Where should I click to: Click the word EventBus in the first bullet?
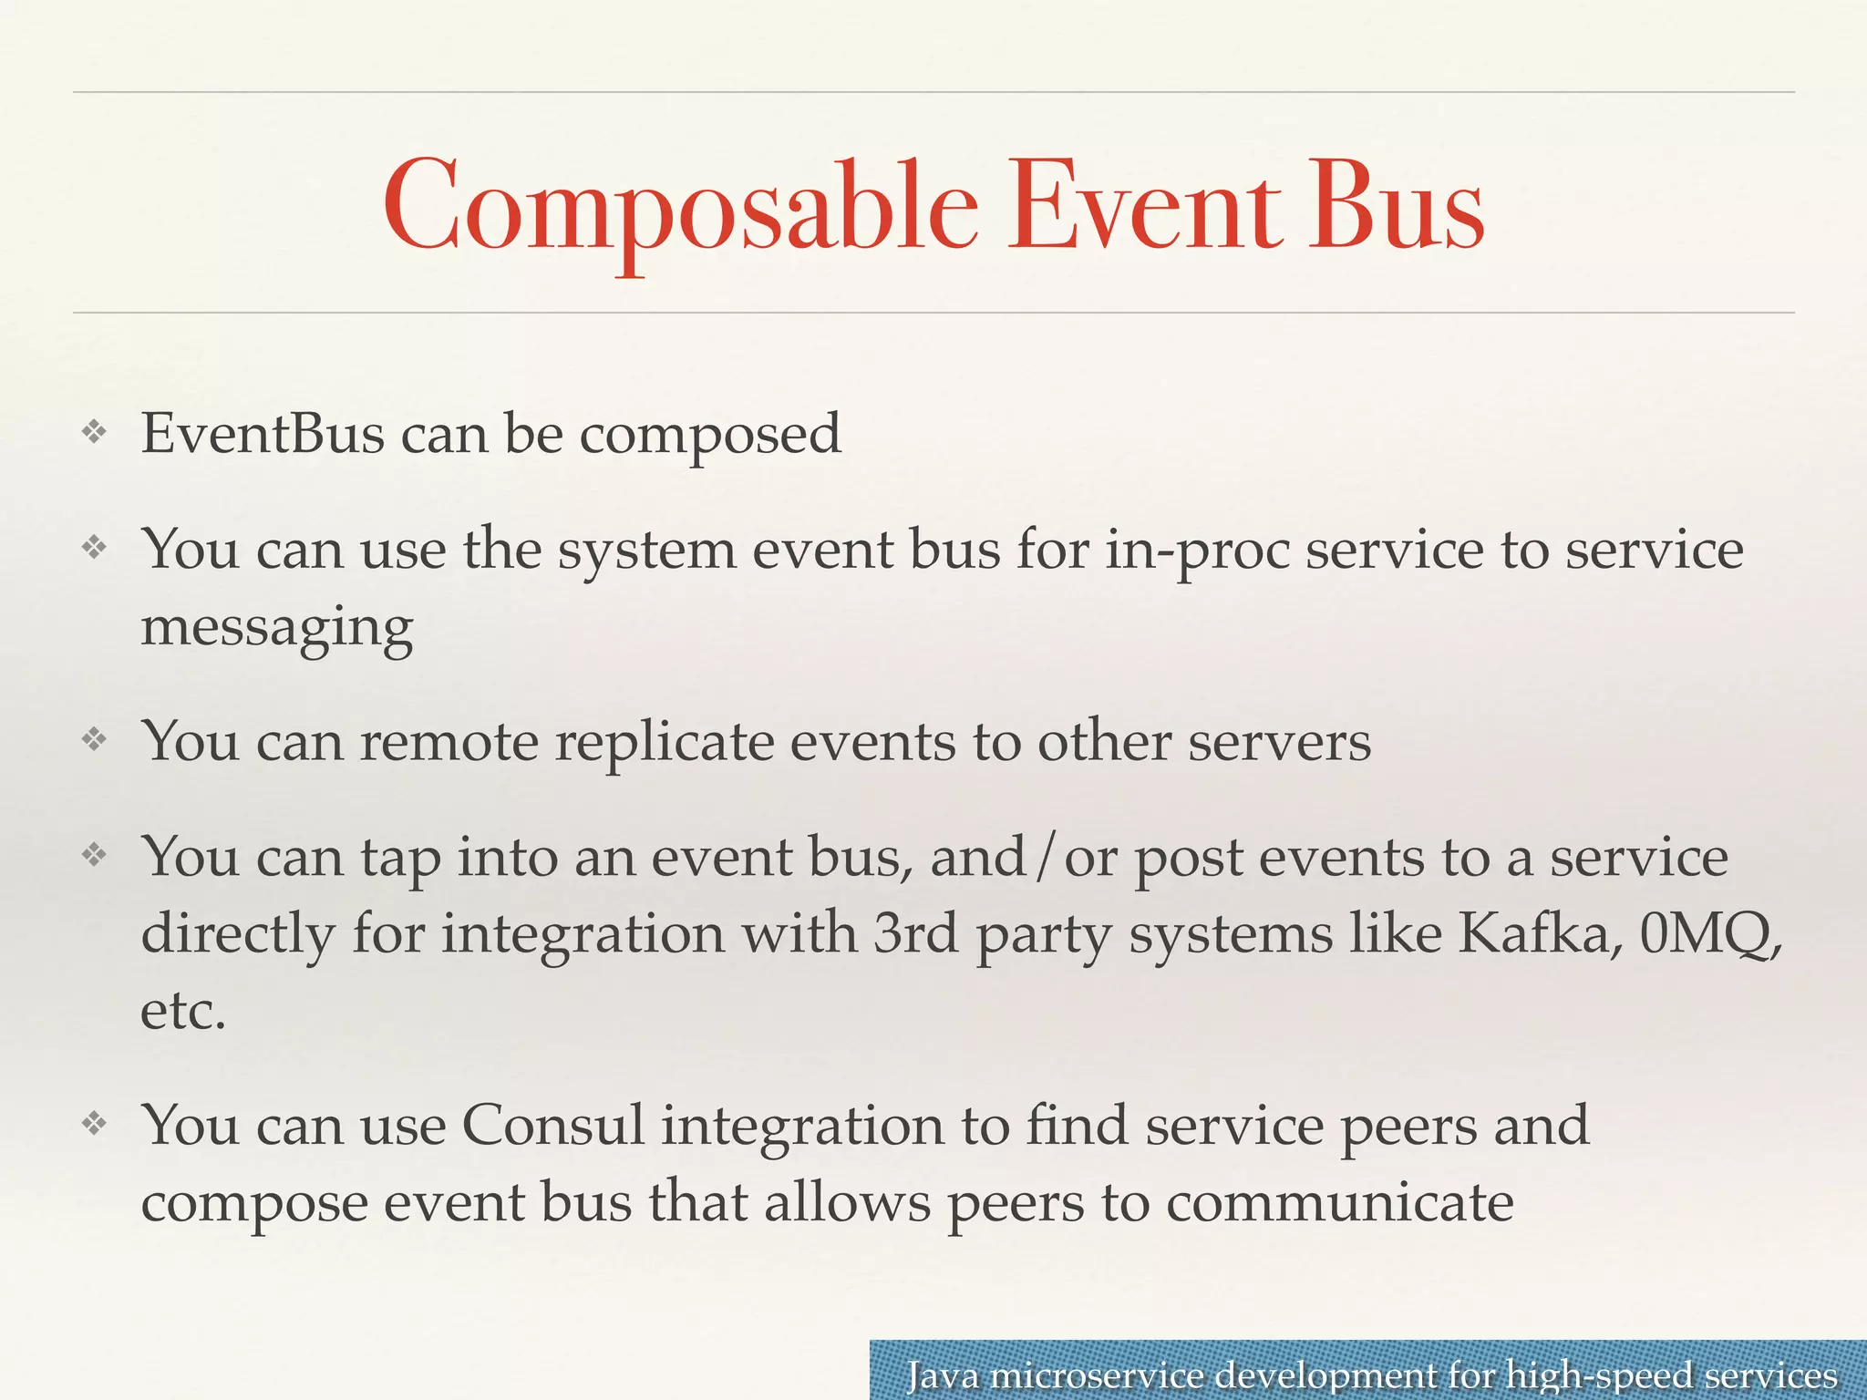click(263, 433)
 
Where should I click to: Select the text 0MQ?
click(1708, 933)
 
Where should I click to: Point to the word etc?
click(182, 1011)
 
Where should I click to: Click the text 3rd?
click(915, 933)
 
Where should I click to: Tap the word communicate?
click(1339, 1202)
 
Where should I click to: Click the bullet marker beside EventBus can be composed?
click(95, 432)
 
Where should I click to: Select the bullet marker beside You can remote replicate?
click(95, 739)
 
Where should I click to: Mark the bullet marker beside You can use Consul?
click(95, 1123)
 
